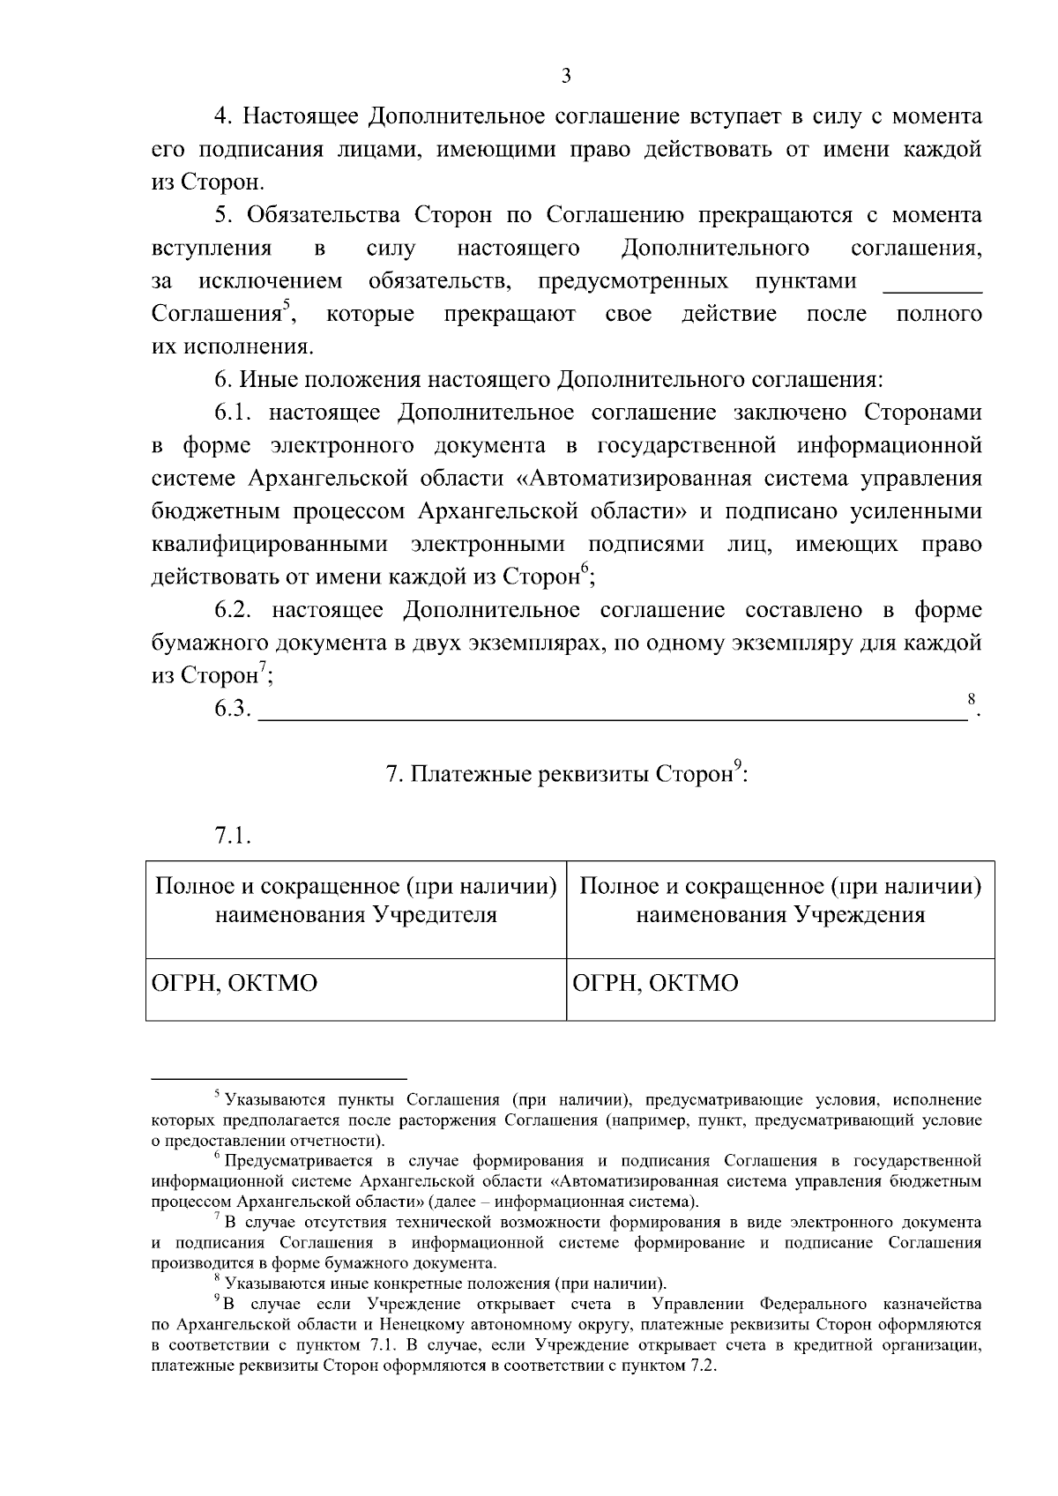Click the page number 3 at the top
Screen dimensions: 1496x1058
(x=566, y=76)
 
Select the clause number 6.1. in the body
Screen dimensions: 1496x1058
(x=235, y=413)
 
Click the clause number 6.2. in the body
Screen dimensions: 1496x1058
(x=235, y=611)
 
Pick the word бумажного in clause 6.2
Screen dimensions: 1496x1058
(x=209, y=644)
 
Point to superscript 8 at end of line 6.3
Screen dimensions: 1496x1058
(x=971, y=699)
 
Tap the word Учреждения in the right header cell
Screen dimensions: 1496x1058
(x=857, y=915)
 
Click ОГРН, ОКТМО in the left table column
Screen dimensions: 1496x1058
(x=235, y=983)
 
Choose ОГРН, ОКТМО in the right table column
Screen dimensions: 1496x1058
(x=656, y=983)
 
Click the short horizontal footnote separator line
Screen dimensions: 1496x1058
(x=279, y=1077)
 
